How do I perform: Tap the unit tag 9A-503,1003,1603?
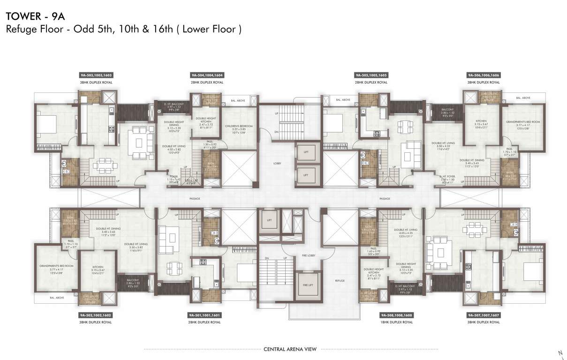(x=96, y=75)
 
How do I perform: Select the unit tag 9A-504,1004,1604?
(x=207, y=75)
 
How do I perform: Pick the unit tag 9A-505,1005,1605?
(x=371, y=75)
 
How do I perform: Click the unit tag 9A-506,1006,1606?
(x=484, y=75)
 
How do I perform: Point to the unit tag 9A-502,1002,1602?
(x=96, y=315)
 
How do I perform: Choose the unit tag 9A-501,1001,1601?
(x=204, y=315)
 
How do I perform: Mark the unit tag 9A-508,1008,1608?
(x=397, y=315)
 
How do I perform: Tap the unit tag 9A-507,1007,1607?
(x=484, y=315)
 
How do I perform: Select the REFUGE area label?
(x=340, y=281)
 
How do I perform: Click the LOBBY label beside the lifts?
(x=277, y=164)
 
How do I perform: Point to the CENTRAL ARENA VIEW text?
(x=290, y=349)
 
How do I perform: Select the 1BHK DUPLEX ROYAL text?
(x=397, y=322)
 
